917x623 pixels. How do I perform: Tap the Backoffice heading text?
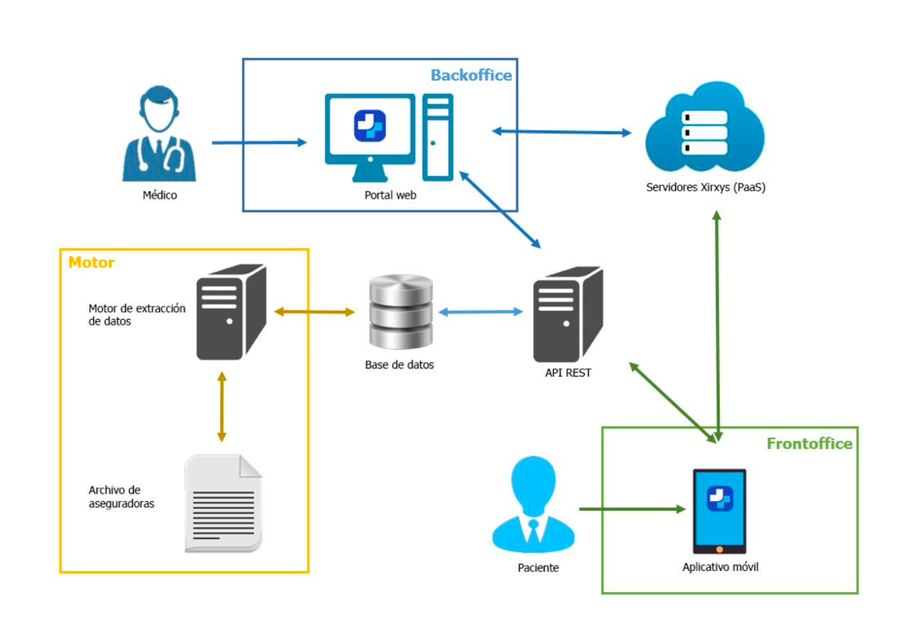click(471, 75)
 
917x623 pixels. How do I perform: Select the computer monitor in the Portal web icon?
click(370, 137)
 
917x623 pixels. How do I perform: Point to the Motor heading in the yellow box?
click(91, 263)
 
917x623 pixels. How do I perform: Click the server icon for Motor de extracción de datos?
click(232, 312)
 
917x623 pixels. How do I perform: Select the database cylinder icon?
click(401, 311)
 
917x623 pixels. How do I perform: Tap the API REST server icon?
click(568, 314)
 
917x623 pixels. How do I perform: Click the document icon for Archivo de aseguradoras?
click(224, 504)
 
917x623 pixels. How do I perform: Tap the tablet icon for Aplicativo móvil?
click(719, 511)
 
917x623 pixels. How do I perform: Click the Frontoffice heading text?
click(809, 444)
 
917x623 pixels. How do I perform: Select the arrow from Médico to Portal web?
click(259, 143)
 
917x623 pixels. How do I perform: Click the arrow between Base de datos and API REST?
click(481, 312)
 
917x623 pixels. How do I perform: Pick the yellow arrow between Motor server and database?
click(314, 312)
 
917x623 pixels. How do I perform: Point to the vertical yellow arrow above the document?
click(222, 407)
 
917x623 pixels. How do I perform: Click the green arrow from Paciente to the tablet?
click(632, 509)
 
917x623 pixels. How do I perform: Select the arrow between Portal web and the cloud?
click(562, 132)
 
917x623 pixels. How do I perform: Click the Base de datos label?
click(399, 365)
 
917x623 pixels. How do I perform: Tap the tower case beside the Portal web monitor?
click(438, 137)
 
